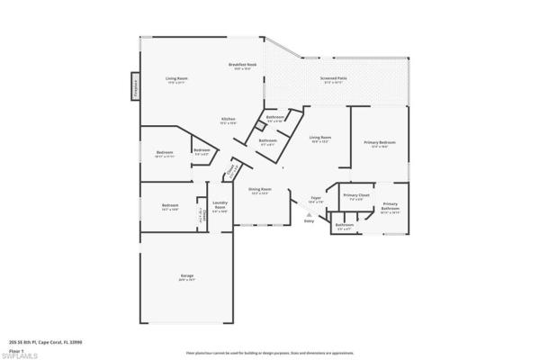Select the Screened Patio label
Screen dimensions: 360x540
coord(335,78)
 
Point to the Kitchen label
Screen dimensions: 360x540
coord(229,121)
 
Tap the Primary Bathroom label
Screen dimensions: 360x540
coord(389,207)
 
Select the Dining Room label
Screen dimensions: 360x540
coord(260,190)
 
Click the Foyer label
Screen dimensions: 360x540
coord(316,199)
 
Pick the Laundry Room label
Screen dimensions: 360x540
coord(219,206)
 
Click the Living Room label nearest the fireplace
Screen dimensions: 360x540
coord(176,80)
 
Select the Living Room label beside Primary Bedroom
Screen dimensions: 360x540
coord(319,139)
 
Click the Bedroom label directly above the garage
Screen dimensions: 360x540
coord(170,206)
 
